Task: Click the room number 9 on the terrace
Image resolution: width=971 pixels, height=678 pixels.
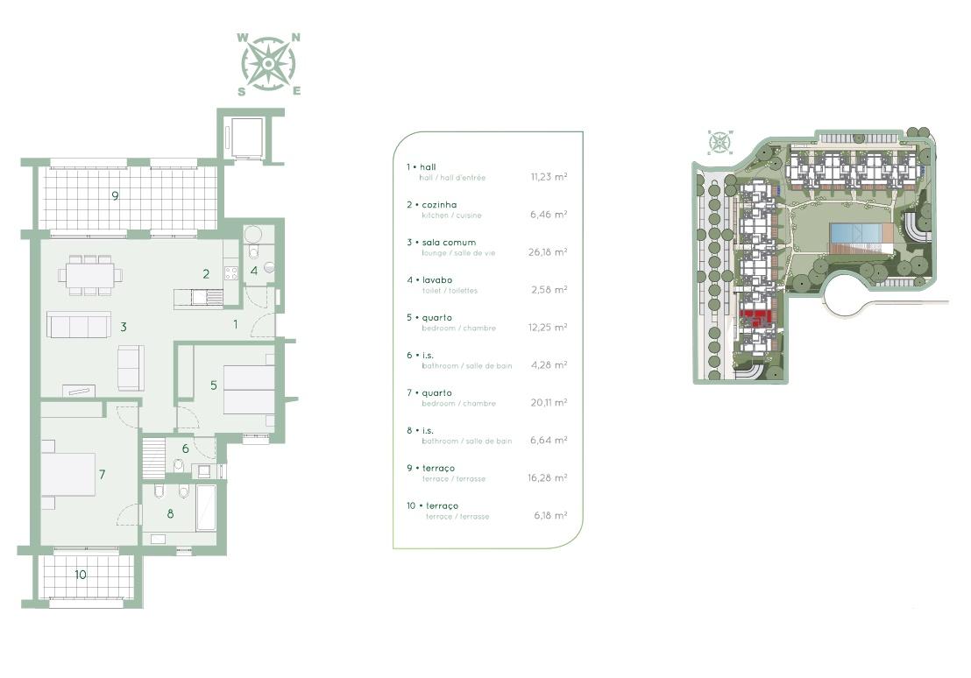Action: pyautogui.click(x=115, y=195)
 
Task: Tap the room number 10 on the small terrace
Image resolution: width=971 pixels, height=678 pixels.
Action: pyautogui.click(x=81, y=575)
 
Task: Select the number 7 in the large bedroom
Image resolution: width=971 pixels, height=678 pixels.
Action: pyautogui.click(x=103, y=474)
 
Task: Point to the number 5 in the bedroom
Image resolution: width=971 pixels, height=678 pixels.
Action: pyautogui.click(x=214, y=385)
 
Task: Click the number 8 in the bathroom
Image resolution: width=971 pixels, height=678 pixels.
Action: pyautogui.click(x=170, y=513)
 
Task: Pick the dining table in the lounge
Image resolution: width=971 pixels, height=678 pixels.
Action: pyautogui.click(x=90, y=274)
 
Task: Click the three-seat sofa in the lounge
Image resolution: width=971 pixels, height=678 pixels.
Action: pyautogui.click(x=79, y=324)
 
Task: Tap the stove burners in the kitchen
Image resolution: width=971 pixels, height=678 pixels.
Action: pyautogui.click(x=231, y=272)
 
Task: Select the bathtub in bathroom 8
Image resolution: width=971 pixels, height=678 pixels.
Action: pyautogui.click(x=206, y=508)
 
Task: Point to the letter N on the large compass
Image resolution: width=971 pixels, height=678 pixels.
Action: pyautogui.click(x=296, y=38)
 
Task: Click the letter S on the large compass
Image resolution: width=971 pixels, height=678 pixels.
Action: pyautogui.click(x=242, y=92)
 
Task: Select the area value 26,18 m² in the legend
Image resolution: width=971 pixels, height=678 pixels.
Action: pyautogui.click(x=548, y=252)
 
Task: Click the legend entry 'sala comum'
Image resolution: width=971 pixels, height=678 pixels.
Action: pyautogui.click(x=449, y=242)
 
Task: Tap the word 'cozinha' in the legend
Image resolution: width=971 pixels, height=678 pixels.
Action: pyautogui.click(x=440, y=204)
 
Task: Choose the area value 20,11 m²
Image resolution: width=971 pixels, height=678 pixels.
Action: pyautogui.click(x=549, y=402)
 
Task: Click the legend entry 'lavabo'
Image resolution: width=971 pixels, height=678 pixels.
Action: pyautogui.click(x=438, y=279)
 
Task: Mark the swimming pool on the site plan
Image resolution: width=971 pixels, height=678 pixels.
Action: pyautogui.click(x=856, y=234)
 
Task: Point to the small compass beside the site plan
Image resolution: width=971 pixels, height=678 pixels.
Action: pyautogui.click(x=720, y=143)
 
